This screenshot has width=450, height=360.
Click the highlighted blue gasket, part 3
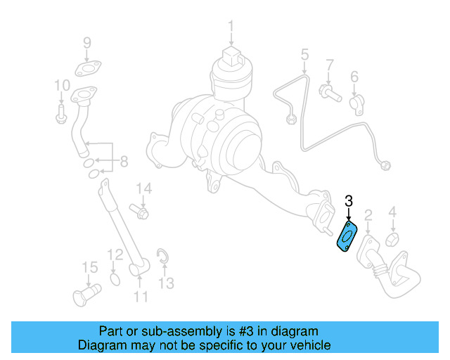(x=347, y=236)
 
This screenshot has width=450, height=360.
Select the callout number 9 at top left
(x=87, y=43)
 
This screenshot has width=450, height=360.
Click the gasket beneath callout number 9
(x=86, y=69)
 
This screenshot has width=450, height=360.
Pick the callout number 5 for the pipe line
(x=305, y=54)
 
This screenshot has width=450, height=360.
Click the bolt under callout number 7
(x=328, y=91)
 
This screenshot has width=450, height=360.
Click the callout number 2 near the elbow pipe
(x=368, y=214)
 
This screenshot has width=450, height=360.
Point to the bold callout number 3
(x=348, y=202)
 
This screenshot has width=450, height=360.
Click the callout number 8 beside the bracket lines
(x=124, y=162)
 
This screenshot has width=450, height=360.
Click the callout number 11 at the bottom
(x=141, y=297)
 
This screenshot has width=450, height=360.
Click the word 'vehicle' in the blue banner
(x=308, y=345)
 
